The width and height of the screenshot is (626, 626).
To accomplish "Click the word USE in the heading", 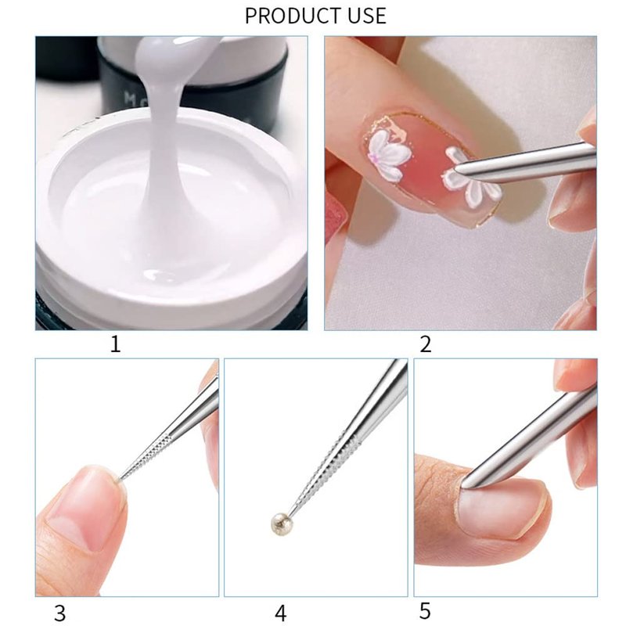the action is tap(365, 16).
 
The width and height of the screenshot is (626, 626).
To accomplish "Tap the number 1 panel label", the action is tap(115, 344).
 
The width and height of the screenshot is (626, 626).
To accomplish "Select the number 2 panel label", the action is tap(426, 344).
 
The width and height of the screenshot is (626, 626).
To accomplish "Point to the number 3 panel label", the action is tap(59, 613).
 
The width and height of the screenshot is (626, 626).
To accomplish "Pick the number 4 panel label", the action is tap(281, 613).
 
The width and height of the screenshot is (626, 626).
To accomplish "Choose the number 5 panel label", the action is tap(425, 611).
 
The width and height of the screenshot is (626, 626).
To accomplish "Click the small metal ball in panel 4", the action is tap(279, 520).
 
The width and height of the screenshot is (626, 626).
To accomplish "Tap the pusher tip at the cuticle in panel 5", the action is tap(464, 484).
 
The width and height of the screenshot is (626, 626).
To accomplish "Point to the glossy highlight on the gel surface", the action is tap(160, 275).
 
